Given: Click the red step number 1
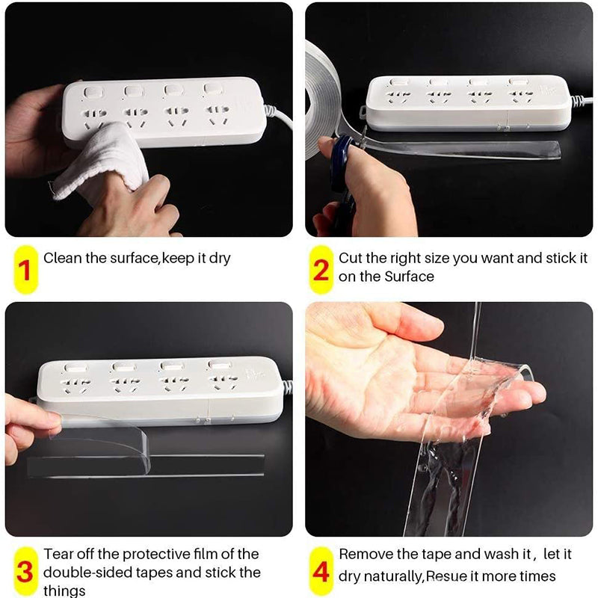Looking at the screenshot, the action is coord(25,271).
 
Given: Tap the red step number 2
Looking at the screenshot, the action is coord(321,271).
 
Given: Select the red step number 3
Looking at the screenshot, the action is coord(25,573).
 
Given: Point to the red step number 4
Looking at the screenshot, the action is coord(321,572).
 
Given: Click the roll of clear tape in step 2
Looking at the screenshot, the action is coord(321,100).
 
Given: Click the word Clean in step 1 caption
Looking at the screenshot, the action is coord(63,258).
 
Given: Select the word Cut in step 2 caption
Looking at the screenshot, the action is coord(351,258).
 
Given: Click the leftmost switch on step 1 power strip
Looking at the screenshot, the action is coord(93,92).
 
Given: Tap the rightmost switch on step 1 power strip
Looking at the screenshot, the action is coord(212,89).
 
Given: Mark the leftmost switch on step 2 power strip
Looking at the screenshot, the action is coord(398,81).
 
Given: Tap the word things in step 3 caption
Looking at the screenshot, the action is coord(64,591).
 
